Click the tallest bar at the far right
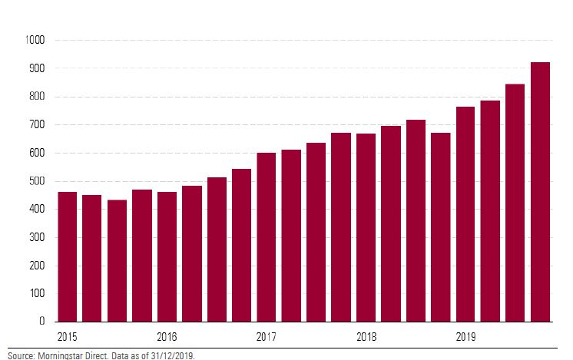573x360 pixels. click(x=540, y=192)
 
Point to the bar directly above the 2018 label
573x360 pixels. click(x=366, y=227)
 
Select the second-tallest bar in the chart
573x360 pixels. click(x=515, y=203)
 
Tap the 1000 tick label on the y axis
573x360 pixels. click(x=35, y=40)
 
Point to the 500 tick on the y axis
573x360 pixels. click(x=36, y=181)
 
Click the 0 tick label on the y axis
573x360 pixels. click(x=42, y=322)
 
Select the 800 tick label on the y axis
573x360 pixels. click(x=36, y=97)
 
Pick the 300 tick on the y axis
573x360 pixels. click(x=36, y=237)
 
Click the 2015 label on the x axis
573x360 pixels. click(x=68, y=337)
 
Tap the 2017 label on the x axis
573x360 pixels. click(x=267, y=337)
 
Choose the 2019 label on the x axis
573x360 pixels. click(x=465, y=337)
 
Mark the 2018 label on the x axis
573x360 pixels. click(x=366, y=337)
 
